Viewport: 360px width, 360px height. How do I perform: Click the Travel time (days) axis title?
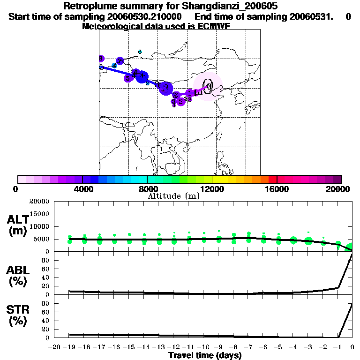205,355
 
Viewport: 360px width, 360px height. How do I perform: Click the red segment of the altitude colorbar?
272,179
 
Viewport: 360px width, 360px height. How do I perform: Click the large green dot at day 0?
351,247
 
